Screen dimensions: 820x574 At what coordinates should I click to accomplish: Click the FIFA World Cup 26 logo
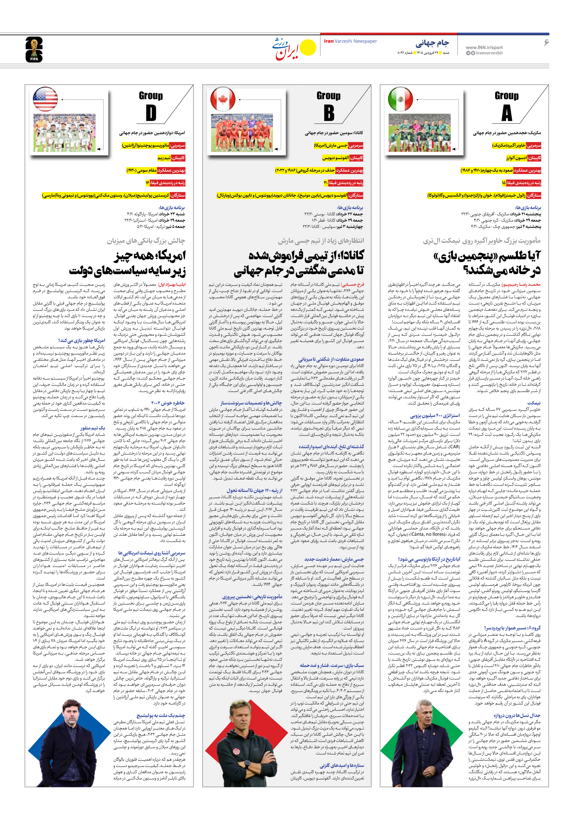[34, 50]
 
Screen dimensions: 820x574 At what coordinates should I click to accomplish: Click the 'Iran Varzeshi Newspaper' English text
[350, 41]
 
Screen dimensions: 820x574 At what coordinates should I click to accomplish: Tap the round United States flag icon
[45, 99]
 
